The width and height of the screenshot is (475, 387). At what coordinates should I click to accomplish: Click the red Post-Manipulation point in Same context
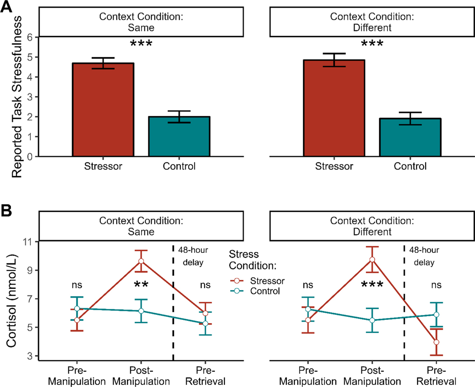(141, 261)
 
